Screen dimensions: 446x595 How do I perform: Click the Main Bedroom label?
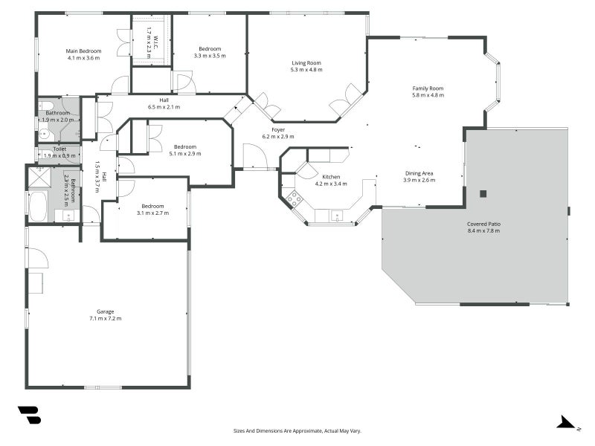84,51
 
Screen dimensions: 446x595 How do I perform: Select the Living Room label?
306,63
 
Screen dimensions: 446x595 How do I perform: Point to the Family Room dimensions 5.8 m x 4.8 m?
428,95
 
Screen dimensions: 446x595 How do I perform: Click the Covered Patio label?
483,224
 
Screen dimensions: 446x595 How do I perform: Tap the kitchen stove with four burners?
295,198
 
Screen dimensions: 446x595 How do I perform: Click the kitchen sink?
338,216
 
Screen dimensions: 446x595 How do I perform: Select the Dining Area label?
418,173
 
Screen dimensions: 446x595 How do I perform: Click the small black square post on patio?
483,193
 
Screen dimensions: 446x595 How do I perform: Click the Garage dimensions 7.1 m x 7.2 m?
105,318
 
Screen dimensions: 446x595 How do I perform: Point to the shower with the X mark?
37,178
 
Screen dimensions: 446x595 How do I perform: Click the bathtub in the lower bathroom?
37,206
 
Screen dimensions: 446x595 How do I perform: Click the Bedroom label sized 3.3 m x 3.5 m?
209,49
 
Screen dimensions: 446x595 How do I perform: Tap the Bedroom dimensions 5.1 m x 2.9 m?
185,154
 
